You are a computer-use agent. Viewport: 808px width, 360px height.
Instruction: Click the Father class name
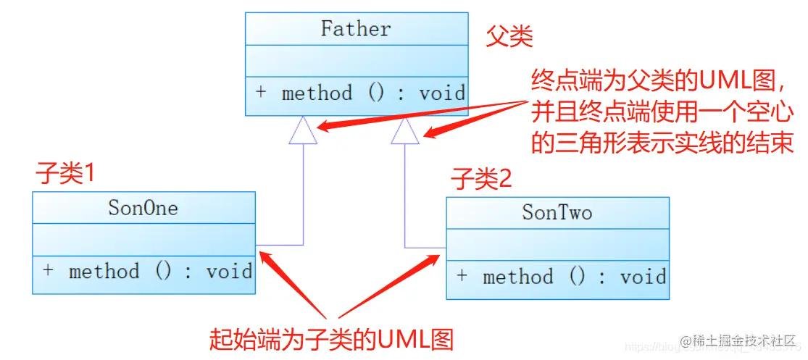point(355,29)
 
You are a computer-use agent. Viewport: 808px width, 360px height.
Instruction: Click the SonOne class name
point(143,209)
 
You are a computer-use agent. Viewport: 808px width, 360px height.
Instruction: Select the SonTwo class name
point(557,213)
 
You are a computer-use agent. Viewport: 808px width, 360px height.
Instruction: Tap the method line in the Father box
point(359,93)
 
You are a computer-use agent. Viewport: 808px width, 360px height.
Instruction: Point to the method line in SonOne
point(147,272)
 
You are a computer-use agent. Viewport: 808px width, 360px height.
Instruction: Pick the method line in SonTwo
point(561,277)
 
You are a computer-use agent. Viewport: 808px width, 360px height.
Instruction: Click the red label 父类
point(509,37)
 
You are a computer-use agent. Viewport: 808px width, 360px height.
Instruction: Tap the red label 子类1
point(66,175)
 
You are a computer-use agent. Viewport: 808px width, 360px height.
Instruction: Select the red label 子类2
point(481,178)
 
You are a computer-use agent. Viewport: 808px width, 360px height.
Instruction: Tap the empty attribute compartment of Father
point(355,61)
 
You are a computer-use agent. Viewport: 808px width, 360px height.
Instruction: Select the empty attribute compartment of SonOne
point(143,240)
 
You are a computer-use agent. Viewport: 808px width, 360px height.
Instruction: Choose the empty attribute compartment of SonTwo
point(557,245)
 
